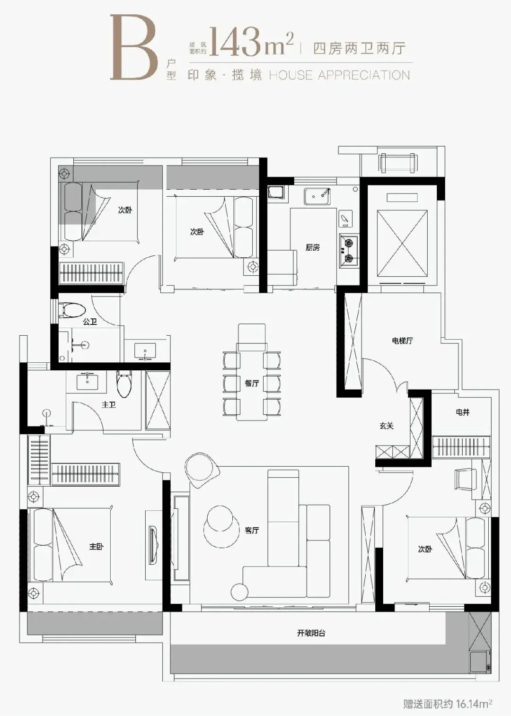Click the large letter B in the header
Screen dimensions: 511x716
[x=134, y=48]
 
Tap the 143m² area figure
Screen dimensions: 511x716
[x=251, y=42]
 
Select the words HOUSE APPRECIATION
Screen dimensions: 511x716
[x=339, y=76]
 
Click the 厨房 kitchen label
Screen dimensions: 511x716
[x=312, y=247]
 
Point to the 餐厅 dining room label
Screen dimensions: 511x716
[x=252, y=383]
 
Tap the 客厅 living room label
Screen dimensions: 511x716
[x=252, y=530]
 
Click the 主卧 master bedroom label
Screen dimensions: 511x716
[x=96, y=547]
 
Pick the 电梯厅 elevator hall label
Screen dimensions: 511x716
[x=402, y=341]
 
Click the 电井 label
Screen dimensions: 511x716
[x=462, y=412]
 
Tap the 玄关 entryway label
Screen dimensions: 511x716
[x=386, y=426]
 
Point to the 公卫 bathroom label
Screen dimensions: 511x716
[x=90, y=322]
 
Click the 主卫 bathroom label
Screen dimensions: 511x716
[x=109, y=405]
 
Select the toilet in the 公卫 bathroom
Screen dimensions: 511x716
[x=73, y=310]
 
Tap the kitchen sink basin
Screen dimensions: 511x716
[x=317, y=196]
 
